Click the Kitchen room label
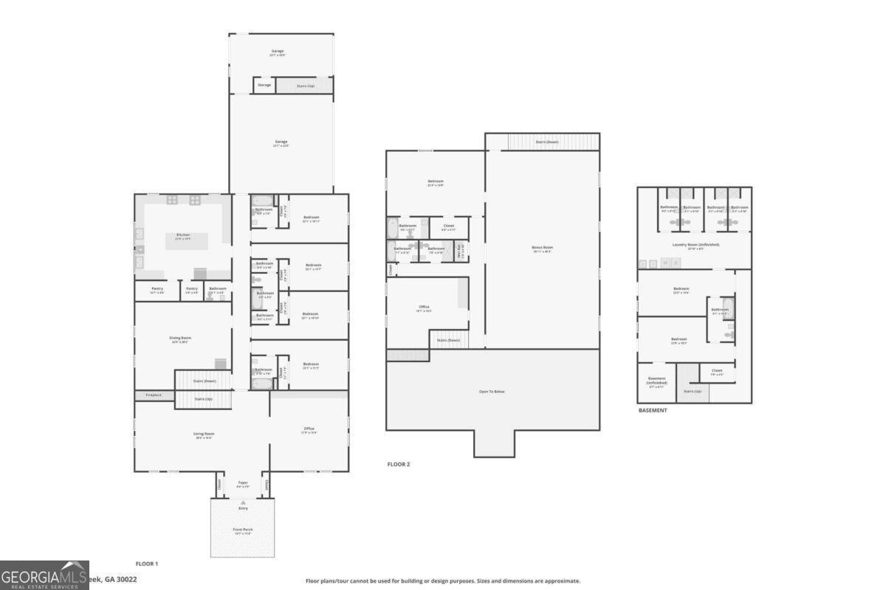point(183,235)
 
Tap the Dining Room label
point(181,338)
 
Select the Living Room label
point(204,434)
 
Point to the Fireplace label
point(154,395)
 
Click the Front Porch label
point(243,530)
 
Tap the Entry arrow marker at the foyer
point(243,502)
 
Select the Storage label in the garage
point(264,85)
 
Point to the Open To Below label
point(492,391)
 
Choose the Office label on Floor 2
point(424,307)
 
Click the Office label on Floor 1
point(309,428)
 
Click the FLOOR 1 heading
point(146,563)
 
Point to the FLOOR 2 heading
point(399,464)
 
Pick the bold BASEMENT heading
point(653,410)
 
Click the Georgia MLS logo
point(44,575)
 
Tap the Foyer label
point(243,483)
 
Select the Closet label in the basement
point(716,370)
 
